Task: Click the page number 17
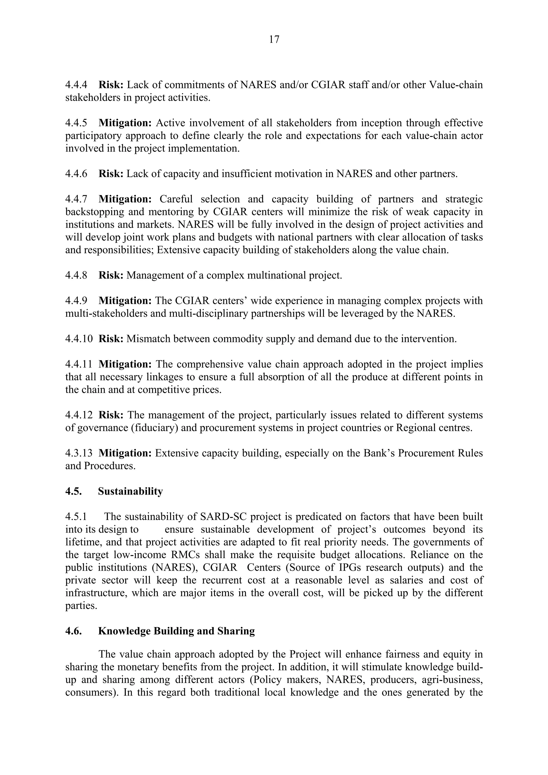[274, 40]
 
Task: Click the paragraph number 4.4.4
[76, 85]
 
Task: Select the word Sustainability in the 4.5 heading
[130, 491]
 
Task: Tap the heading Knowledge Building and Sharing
[176, 631]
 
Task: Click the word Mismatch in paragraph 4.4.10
[148, 339]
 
